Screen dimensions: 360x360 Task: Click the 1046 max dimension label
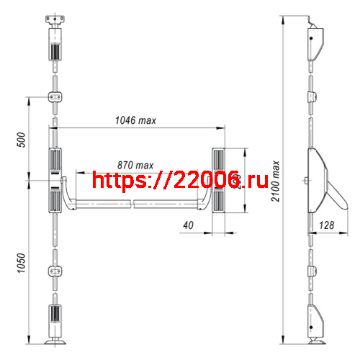click(136, 120)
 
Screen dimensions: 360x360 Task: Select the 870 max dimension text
click(135, 165)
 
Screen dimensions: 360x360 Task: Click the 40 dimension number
click(189, 225)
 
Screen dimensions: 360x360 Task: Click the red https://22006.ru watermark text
click(170, 181)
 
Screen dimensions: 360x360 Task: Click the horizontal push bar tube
click(137, 204)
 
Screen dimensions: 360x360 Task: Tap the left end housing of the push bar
click(55, 182)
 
